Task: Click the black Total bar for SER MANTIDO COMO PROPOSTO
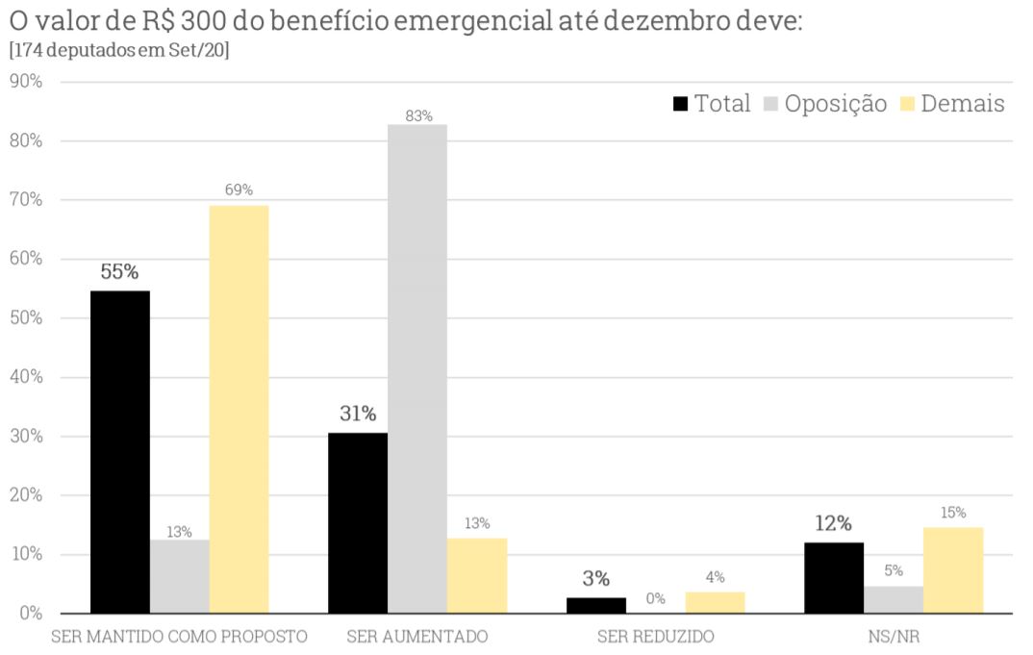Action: click(x=119, y=451)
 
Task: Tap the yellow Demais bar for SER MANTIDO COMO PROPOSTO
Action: click(x=239, y=409)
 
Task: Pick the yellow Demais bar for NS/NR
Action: click(x=953, y=569)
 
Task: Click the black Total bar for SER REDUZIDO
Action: click(x=595, y=605)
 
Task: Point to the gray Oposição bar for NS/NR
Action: click(x=894, y=599)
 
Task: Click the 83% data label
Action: click(x=418, y=116)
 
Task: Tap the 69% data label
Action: click(x=239, y=190)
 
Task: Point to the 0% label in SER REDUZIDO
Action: click(x=655, y=598)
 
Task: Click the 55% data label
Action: click(x=119, y=271)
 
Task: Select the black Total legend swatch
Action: click(x=681, y=104)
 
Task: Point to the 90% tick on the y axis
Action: click(x=26, y=82)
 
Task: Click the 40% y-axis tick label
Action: click(x=26, y=377)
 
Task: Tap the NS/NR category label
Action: click(x=894, y=637)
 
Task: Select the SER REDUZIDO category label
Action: click(x=655, y=637)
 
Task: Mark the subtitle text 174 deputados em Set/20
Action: click(x=118, y=50)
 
